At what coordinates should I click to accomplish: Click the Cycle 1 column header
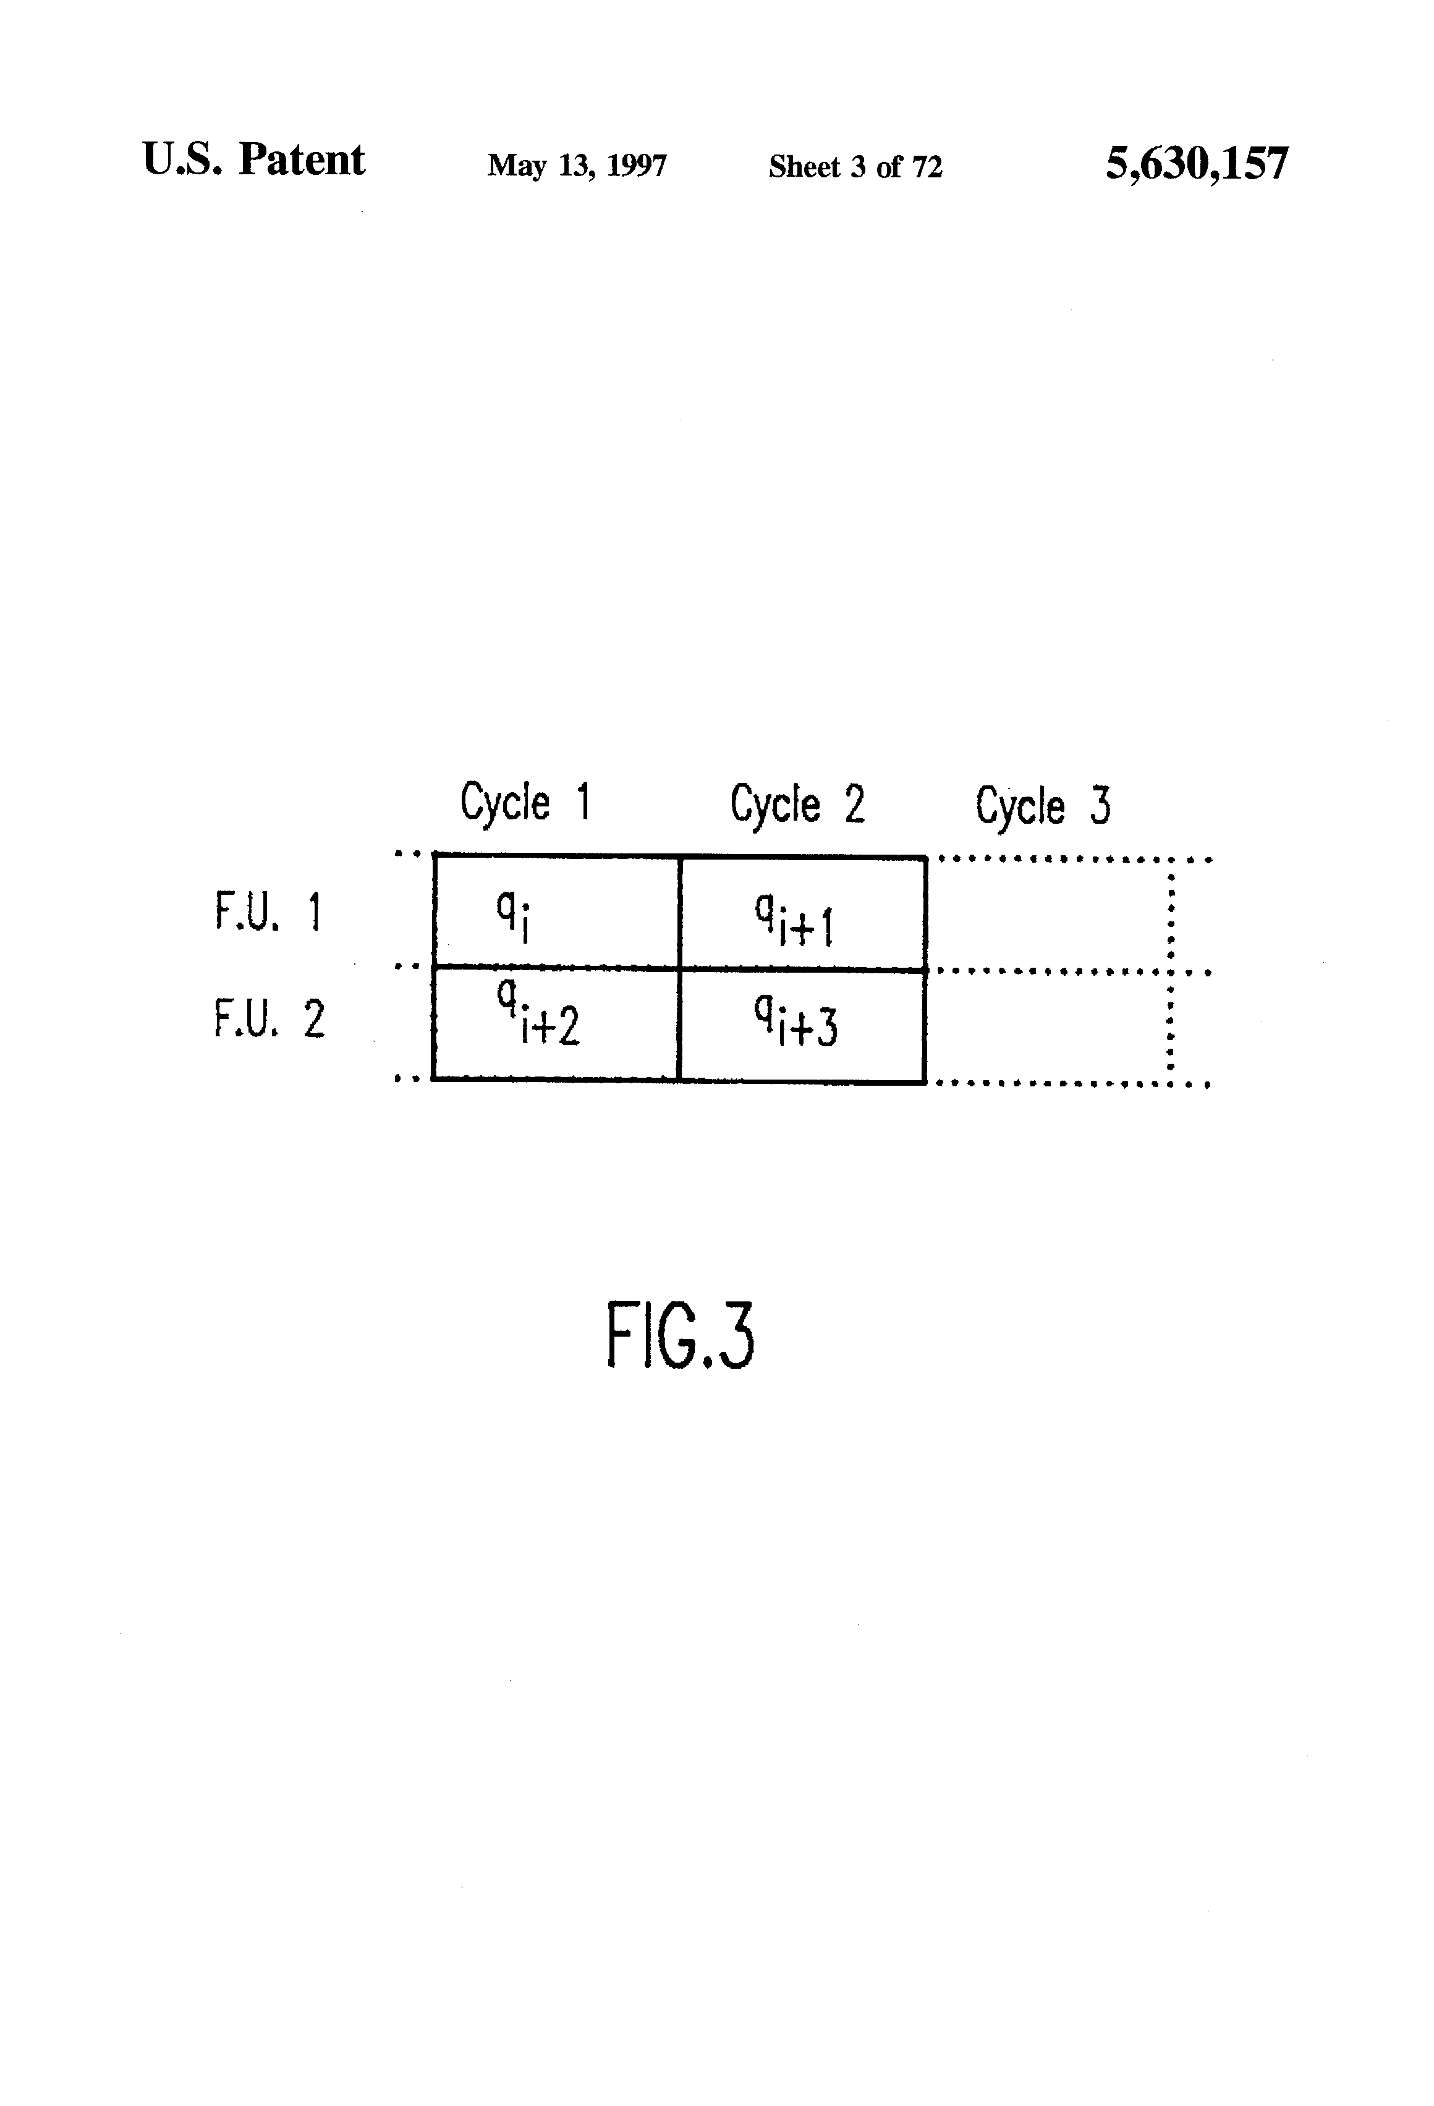coord(525,801)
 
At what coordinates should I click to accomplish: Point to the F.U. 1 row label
coord(268,911)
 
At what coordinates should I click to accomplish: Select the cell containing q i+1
coord(802,913)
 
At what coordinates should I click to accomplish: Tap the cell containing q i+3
coord(802,1026)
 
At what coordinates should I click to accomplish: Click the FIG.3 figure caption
coord(680,1335)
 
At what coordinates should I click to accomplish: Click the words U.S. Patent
coord(254,161)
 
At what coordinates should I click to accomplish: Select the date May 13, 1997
coord(577,166)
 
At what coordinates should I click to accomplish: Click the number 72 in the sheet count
coord(927,167)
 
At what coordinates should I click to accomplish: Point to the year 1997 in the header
coord(636,166)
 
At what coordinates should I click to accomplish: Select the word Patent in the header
coord(302,161)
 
